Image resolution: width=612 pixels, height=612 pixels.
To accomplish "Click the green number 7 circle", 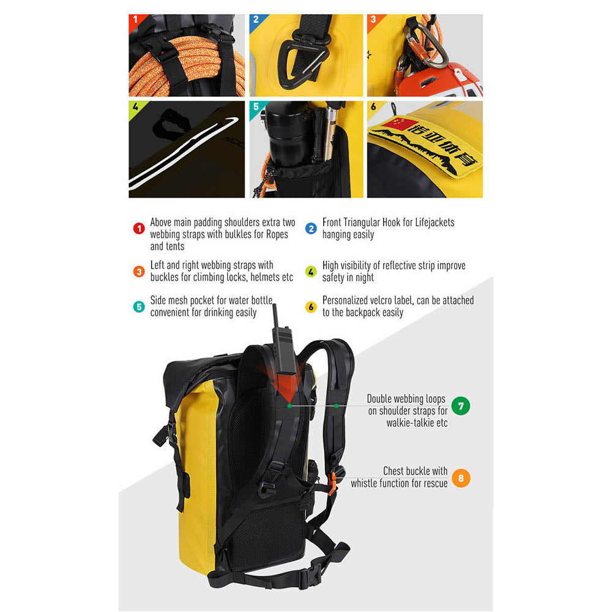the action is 461,406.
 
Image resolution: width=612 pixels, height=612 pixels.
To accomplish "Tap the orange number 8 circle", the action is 461,478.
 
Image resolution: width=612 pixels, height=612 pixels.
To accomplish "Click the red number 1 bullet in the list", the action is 139,228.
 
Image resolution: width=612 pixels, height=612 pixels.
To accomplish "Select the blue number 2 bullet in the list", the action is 311,228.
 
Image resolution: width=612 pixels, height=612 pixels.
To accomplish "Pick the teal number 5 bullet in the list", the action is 139,307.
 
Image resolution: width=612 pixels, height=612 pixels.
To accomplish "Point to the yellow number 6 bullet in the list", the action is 311,307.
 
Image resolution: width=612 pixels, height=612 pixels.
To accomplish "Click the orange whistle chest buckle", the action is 332,483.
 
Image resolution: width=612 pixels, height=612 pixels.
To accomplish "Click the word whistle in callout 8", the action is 364,483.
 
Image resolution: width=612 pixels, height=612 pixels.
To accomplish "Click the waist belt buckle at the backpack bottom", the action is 312,575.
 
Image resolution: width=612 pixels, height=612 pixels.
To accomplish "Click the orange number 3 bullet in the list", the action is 139,271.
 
